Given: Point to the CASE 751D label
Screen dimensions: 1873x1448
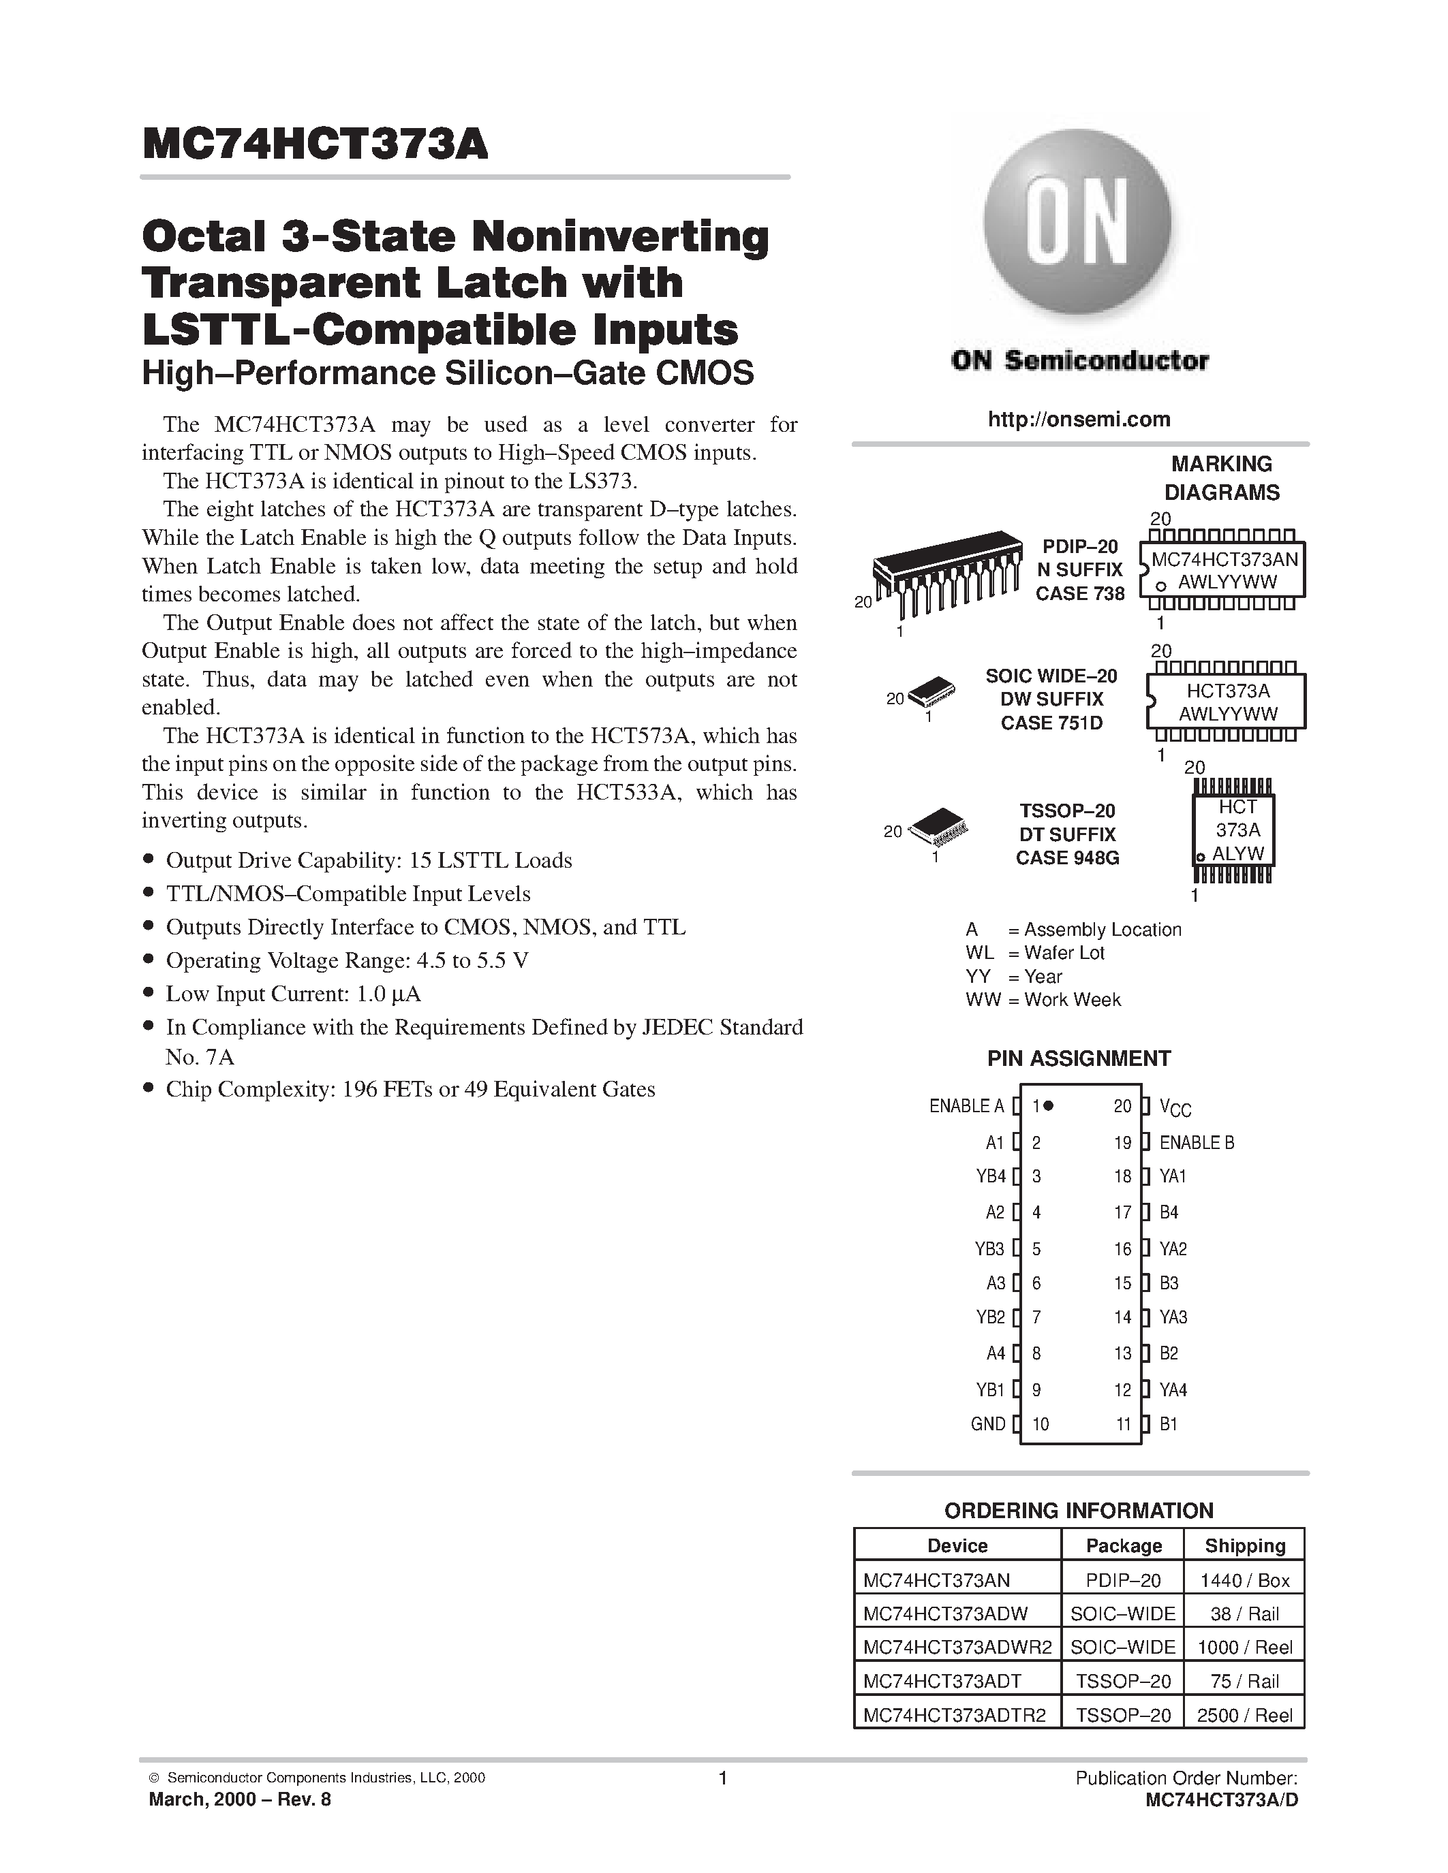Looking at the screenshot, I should pyautogui.click(x=1051, y=723).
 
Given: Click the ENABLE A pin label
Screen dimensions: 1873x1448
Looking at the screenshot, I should pyautogui.click(x=966, y=1106).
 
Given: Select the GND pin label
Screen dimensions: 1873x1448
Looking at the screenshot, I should pyautogui.click(x=987, y=1423).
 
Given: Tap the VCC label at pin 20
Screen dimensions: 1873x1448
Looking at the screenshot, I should pyautogui.click(x=1175, y=1108).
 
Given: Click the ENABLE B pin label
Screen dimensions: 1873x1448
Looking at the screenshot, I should pyautogui.click(x=1197, y=1142).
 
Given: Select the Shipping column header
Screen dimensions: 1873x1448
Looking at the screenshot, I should pyautogui.click(x=1245, y=1545).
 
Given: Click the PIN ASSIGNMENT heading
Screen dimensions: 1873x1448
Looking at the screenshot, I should pyautogui.click(x=1078, y=1058).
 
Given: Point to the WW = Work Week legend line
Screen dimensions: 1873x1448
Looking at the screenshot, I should pyautogui.click(x=1043, y=1000).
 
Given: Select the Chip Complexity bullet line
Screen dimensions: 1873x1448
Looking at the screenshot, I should pyautogui.click(x=410, y=1089).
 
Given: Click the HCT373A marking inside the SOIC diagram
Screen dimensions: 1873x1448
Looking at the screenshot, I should pyautogui.click(x=1227, y=691).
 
